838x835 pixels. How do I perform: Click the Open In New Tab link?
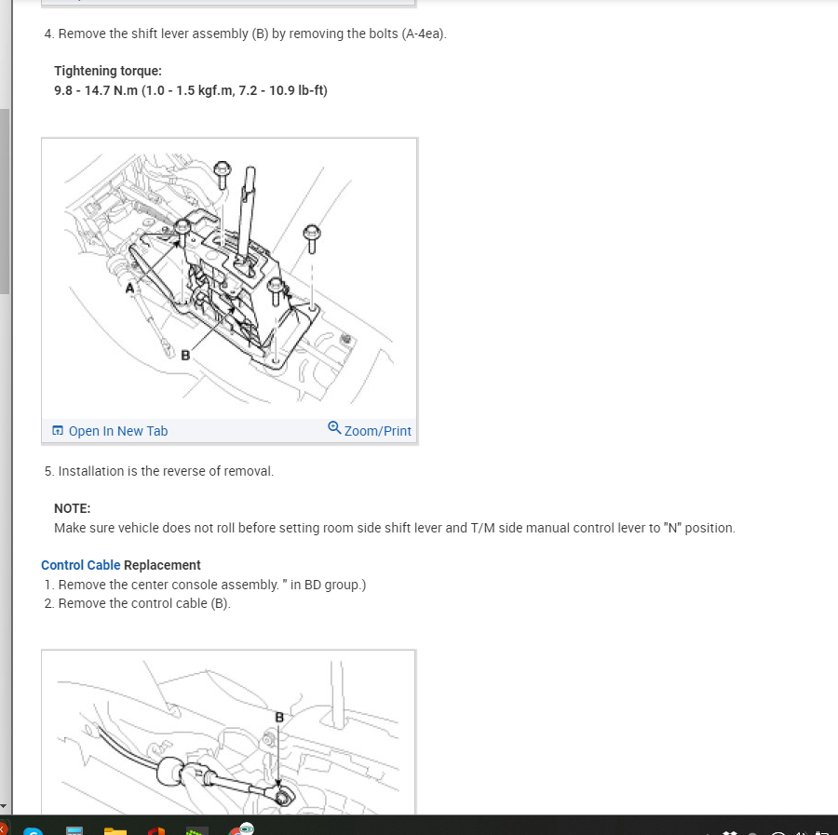pyautogui.click(x=117, y=431)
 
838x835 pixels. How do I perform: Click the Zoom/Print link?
pyautogui.click(x=377, y=431)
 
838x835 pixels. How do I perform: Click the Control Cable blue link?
pyautogui.click(x=80, y=565)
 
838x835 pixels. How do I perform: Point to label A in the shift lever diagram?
pyautogui.click(x=130, y=289)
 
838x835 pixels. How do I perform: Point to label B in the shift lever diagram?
pyautogui.click(x=185, y=355)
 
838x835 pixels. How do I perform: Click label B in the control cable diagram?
pyautogui.click(x=278, y=717)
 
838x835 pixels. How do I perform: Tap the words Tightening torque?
pyautogui.click(x=108, y=71)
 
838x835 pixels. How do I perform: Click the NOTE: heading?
pyautogui.click(x=73, y=508)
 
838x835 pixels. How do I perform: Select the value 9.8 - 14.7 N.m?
pyautogui.click(x=96, y=90)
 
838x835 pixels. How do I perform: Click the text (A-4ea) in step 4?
pyautogui.click(x=423, y=34)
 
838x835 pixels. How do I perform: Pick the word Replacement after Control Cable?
pyautogui.click(x=162, y=565)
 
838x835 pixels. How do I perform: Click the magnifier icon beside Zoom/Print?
pyautogui.click(x=334, y=428)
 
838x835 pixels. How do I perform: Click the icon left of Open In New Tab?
pyautogui.click(x=58, y=431)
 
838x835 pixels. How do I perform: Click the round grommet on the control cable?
pyautogui.click(x=172, y=772)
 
